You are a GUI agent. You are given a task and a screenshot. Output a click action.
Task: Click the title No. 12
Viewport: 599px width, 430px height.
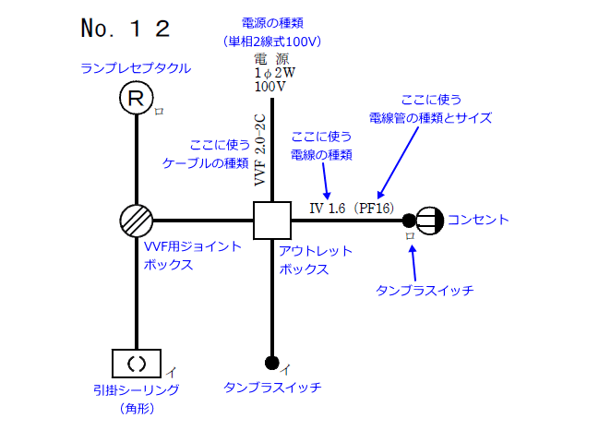coord(126,29)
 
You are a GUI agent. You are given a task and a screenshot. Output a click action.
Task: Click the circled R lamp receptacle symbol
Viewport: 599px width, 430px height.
coord(136,99)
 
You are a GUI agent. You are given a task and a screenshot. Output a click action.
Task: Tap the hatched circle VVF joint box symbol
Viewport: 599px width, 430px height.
coord(137,220)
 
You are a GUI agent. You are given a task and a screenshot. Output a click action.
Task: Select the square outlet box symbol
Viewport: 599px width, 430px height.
coord(272,220)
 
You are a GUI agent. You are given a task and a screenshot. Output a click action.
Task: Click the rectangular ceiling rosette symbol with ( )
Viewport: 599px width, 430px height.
coord(137,363)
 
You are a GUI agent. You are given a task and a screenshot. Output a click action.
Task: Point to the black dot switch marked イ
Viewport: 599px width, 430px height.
coord(272,361)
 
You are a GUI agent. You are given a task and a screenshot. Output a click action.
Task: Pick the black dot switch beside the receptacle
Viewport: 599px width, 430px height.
coord(408,220)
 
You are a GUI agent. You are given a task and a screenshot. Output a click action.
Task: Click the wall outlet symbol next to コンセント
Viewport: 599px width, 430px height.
coord(429,220)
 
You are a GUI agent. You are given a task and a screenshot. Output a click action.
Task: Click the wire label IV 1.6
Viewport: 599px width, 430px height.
coord(328,209)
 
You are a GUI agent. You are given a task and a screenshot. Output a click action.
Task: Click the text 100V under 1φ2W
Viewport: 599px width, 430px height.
coord(270,86)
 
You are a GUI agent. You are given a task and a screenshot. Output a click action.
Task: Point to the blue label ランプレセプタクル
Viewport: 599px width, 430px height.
coord(136,68)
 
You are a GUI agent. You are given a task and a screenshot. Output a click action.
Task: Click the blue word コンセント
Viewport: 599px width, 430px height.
coord(478,220)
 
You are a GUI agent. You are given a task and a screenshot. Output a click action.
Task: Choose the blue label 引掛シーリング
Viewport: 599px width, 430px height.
coord(136,389)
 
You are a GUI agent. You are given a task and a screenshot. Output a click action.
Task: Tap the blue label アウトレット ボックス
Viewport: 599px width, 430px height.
coord(314,260)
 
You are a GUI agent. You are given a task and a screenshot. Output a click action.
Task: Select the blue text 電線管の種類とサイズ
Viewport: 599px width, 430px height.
coord(430,118)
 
